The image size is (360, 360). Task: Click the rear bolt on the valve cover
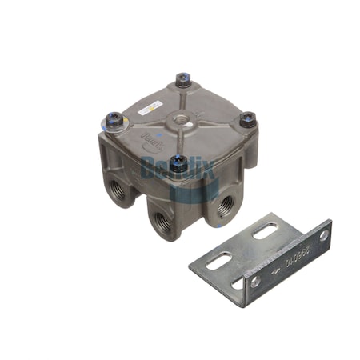coord(183,79)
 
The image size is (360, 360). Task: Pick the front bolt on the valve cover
coord(179,163)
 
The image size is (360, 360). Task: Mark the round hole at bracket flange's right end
coord(324,235)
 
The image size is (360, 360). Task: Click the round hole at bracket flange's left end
coord(254,282)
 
